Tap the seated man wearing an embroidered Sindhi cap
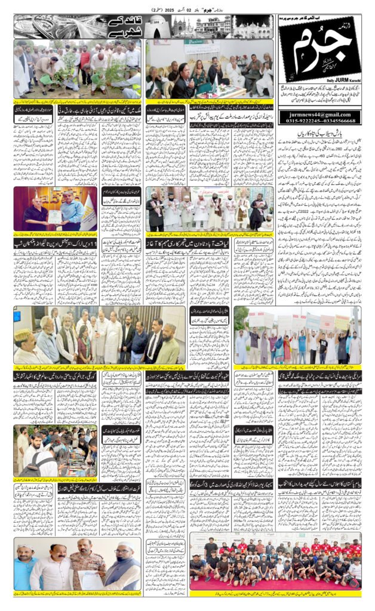click(x=26, y=343)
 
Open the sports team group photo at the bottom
click(x=275, y=561)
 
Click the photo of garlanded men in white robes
click(x=210, y=209)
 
